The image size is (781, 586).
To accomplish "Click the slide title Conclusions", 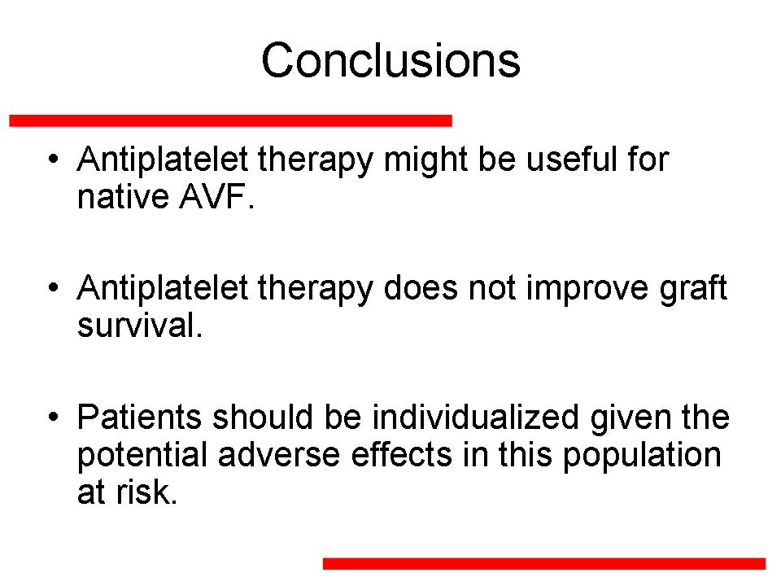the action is point(390,60).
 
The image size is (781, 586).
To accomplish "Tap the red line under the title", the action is point(230,120).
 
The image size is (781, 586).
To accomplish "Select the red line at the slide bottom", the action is point(544,563).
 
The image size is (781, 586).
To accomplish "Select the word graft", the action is point(693,289).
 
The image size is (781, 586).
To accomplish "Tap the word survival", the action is point(139,325).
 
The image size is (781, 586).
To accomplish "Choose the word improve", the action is point(587,290).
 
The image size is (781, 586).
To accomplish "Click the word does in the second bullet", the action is point(421,288).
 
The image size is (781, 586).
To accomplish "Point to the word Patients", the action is point(139,417).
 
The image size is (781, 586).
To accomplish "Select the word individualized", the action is point(476,417).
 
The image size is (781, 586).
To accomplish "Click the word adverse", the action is point(279,455).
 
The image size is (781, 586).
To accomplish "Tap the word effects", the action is point(401,455).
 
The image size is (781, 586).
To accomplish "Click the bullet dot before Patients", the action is point(54,416).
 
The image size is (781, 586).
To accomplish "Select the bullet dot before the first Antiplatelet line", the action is point(54,159).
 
